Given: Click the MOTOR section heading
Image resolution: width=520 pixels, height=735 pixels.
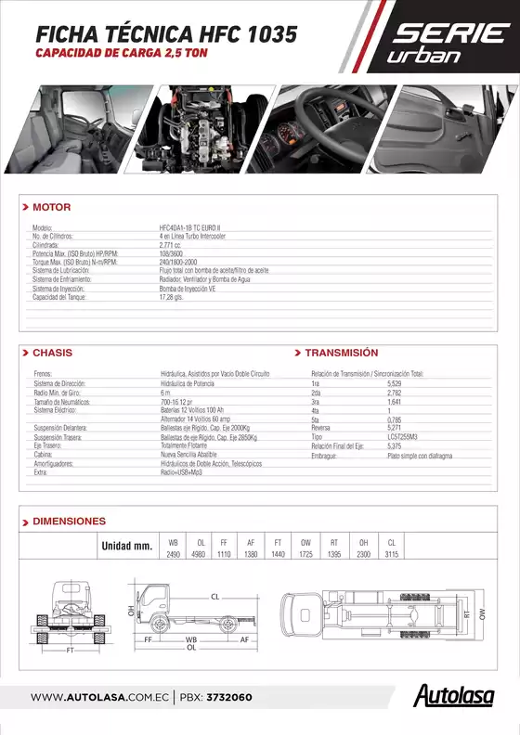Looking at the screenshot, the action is [51, 207].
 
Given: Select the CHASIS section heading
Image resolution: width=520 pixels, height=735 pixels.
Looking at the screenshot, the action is [52, 353].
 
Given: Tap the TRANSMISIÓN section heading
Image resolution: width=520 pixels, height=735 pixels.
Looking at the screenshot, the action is [341, 353].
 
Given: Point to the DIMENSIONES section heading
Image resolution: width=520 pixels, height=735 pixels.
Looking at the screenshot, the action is [69, 522].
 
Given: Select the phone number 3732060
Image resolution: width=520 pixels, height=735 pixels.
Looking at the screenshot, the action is [228, 697].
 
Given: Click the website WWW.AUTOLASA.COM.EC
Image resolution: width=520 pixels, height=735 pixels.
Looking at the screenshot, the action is [98, 697].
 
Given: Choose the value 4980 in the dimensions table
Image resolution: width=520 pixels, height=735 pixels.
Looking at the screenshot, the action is [199, 554].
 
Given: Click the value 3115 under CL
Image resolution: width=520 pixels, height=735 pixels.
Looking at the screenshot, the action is [391, 554].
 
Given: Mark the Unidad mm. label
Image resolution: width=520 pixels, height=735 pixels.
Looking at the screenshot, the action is [126, 547].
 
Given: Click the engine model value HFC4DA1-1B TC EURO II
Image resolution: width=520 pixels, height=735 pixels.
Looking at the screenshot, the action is [195, 227].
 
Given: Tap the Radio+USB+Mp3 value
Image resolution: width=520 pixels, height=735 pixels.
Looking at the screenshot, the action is [181, 472].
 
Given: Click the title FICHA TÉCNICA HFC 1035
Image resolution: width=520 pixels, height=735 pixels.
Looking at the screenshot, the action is [166, 34].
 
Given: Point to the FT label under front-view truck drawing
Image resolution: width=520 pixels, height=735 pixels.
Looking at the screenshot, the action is [70, 651].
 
